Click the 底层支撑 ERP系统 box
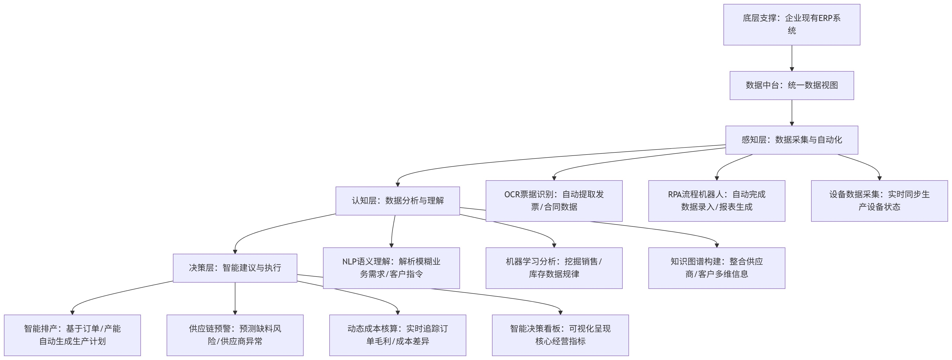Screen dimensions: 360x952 pyautogui.click(x=792, y=25)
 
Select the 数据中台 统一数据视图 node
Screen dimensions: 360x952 pyautogui.click(x=792, y=85)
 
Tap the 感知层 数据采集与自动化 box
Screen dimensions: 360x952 pyautogui.click(x=792, y=140)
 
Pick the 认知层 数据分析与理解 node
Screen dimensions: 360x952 pyautogui.click(x=398, y=201)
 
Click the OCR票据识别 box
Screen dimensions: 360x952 pyautogui.click(x=554, y=201)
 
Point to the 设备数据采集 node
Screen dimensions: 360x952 pyautogui.click(x=879, y=201)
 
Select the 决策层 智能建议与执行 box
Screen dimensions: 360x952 pyautogui.click(x=235, y=268)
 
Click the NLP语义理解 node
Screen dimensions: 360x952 pyautogui.click(x=391, y=268)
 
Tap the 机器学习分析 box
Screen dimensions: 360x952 pyautogui.click(x=554, y=268)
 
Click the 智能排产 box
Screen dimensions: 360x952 pyautogui.click(x=72, y=335)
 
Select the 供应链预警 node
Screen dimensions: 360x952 pyautogui.click(x=235, y=335)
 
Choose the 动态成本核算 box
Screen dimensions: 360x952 pyautogui.click(x=398, y=335)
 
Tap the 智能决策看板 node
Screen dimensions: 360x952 pyautogui.click(x=560, y=335)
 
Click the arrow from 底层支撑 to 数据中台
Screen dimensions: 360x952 pyautogui.click(x=792, y=58)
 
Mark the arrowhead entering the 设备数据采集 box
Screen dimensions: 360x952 pyautogui.click(x=879, y=178)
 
